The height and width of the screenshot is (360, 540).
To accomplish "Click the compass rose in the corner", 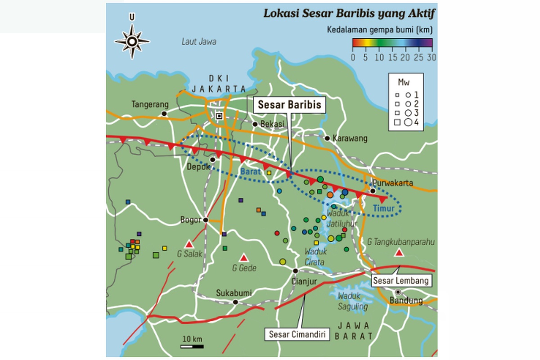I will pyautogui.click(x=132, y=41).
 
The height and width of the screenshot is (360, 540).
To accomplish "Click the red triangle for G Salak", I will pyautogui.click(x=189, y=244).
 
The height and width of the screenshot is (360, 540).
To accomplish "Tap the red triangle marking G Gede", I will pyautogui.click(x=243, y=258).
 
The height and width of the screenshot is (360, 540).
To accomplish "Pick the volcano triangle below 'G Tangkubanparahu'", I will pyautogui.click(x=399, y=252).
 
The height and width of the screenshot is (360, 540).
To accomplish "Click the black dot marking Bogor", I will pyautogui.click(x=206, y=220).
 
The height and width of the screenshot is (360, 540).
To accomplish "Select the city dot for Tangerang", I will pyautogui.click(x=165, y=114).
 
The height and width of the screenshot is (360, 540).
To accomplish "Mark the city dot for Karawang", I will pyautogui.click(x=328, y=138).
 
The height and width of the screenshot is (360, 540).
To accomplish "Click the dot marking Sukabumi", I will pyautogui.click(x=235, y=302).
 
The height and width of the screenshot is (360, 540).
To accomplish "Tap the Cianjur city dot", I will pyautogui.click(x=296, y=271).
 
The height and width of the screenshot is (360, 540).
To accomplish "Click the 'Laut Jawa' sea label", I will pyautogui.click(x=199, y=42).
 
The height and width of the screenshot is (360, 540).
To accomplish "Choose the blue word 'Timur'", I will pyautogui.click(x=383, y=209).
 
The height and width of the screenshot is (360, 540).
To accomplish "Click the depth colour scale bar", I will pyautogui.click(x=392, y=43).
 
